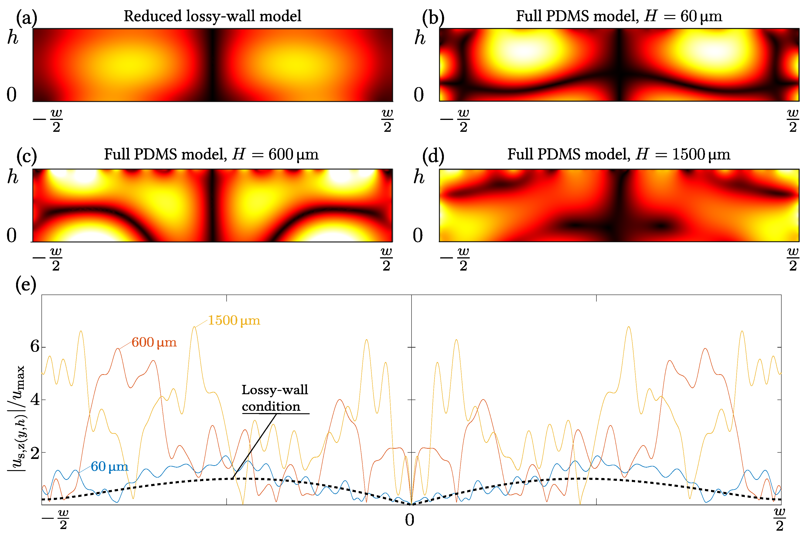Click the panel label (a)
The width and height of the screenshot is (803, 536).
click(x=26, y=17)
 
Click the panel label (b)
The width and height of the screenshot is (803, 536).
click(x=433, y=17)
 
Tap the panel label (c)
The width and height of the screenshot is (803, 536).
click(x=26, y=156)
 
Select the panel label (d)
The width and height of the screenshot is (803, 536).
click(x=433, y=156)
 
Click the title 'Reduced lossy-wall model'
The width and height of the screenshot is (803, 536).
click(x=212, y=16)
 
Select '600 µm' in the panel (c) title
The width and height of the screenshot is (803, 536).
click(x=293, y=155)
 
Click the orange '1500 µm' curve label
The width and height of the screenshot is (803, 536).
click(x=234, y=321)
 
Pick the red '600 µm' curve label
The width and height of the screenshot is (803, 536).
click(x=154, y=343)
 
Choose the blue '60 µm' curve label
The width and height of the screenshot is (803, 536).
click(x=109, y=467)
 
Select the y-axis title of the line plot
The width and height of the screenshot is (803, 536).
click(x=16, y=418)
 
